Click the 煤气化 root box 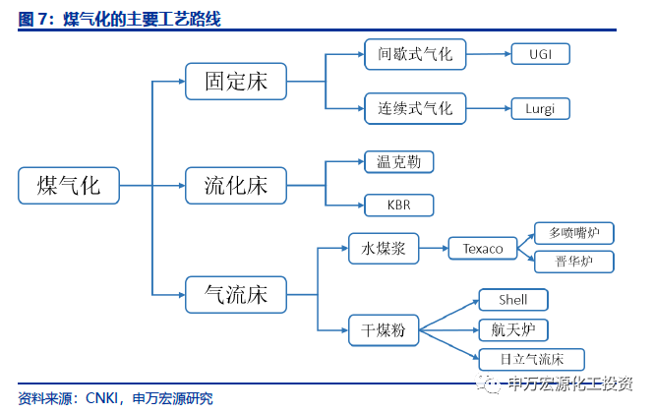69,186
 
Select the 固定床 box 236,82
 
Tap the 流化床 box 236,186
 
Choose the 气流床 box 236,295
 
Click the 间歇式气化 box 415,54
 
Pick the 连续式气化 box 415,108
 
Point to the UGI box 541,54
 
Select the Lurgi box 541,108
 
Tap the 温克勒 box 399,162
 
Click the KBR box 399,206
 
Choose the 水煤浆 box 384,249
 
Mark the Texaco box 483,249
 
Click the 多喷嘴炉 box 574,233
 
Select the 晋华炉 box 574,262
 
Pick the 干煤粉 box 384,330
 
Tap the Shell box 513,300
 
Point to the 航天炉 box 513,330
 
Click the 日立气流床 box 532,360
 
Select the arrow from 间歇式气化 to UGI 489,54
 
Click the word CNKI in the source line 101,398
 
